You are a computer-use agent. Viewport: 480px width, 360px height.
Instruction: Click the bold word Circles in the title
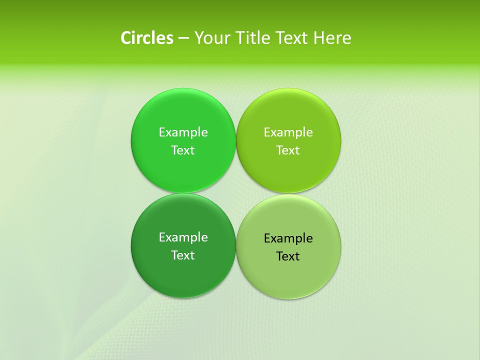[147, 38]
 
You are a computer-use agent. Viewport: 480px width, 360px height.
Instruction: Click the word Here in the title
[332, 38]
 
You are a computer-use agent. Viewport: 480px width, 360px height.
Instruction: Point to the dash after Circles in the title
[183, 38]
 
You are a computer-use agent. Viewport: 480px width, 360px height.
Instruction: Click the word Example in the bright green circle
[183, 132]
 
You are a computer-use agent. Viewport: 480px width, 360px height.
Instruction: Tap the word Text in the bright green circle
[183, 150]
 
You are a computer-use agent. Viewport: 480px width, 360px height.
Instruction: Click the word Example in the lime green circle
[288, 132]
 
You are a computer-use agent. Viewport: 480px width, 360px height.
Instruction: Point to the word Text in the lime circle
[288, 150]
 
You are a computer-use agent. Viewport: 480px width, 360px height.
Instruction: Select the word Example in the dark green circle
[183, 237]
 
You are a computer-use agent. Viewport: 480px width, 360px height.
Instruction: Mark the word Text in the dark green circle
[183, 255]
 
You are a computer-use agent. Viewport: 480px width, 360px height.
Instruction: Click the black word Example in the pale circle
[288, 238]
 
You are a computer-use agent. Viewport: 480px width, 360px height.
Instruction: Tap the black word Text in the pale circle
[288, 256]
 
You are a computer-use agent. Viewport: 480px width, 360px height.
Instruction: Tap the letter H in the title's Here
[319, 38]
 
